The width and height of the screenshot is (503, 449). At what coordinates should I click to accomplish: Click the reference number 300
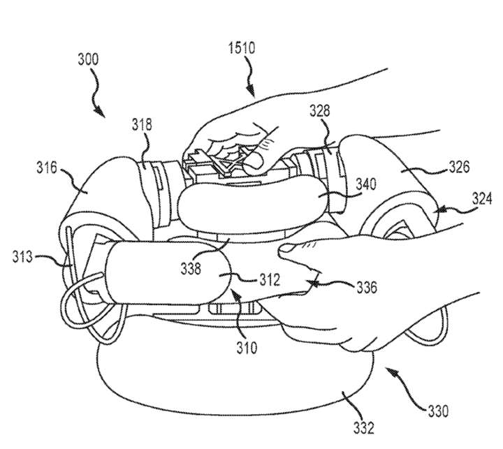coord(88,59)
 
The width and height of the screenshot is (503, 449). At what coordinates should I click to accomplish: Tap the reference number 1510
coord(242,48)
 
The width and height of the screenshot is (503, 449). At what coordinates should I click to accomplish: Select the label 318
coord(142,124)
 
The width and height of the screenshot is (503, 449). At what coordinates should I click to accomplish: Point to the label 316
coord(47,168)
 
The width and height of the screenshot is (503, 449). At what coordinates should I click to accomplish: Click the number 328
coord(319,110)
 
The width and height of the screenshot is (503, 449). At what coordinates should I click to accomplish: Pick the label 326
coord(459,167)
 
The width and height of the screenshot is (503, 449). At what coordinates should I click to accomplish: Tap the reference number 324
coord(481,199)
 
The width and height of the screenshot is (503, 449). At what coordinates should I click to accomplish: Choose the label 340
coord(365,184)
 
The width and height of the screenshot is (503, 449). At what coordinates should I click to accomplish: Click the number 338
coord(191,268)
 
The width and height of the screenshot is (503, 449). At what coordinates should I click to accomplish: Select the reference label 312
coord(270,279)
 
